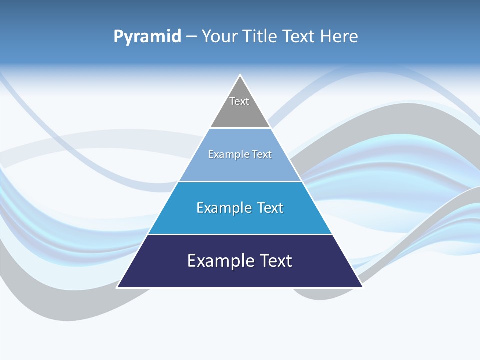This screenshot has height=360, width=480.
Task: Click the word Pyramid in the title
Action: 147,37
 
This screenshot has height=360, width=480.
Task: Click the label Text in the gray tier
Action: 239,101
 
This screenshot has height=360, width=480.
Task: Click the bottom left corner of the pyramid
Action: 118,287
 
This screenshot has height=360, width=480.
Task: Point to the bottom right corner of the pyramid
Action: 362,287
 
